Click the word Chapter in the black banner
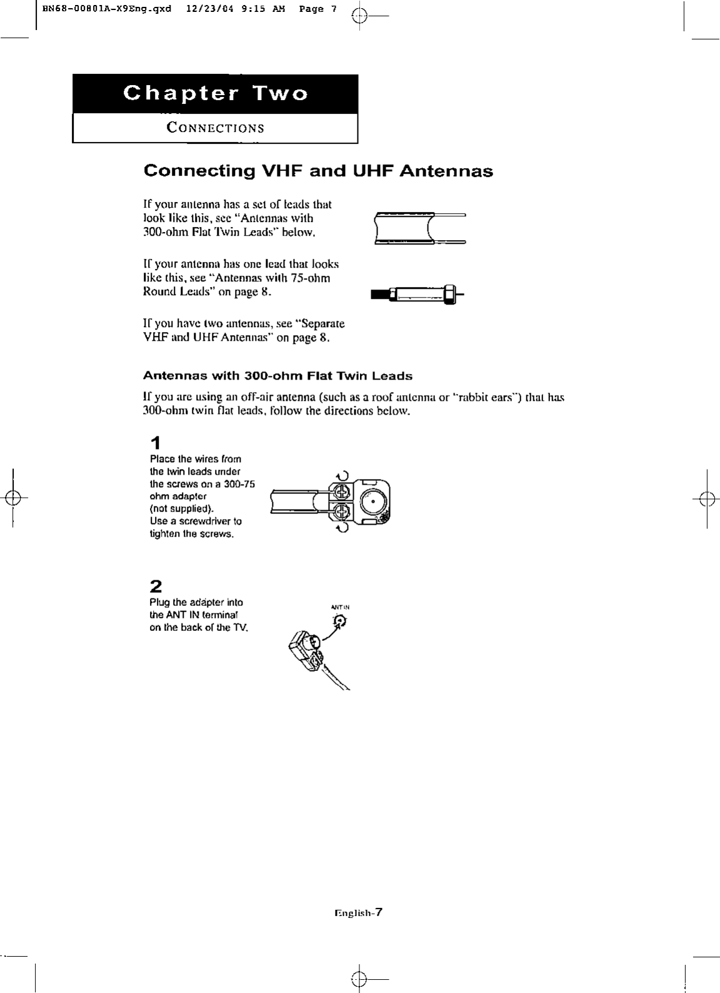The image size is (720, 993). pyautogui.click(x=181, y=94)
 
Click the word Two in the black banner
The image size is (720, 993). pyautogui.click(x=280, y=94)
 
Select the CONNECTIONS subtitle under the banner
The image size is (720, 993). pyautogui.click(x=215, y=128)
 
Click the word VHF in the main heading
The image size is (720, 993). pyautogui.click(x=280, y=171)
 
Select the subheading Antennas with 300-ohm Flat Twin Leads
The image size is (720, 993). pyautogui.click(x=277, y=376)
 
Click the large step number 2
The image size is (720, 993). pyautogui.click(x=156, y=587)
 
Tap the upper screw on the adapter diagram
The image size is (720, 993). pyautogui.click(x=342, y=490)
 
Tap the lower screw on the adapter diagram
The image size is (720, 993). pyautogui.click(x=342, y=513)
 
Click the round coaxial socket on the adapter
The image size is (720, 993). pyautogui.click(x=372, y=501)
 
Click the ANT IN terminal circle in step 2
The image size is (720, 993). pyautogui.click(x=339, y=620)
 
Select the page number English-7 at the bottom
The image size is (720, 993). pyautogui.click(x=358, y=912)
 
